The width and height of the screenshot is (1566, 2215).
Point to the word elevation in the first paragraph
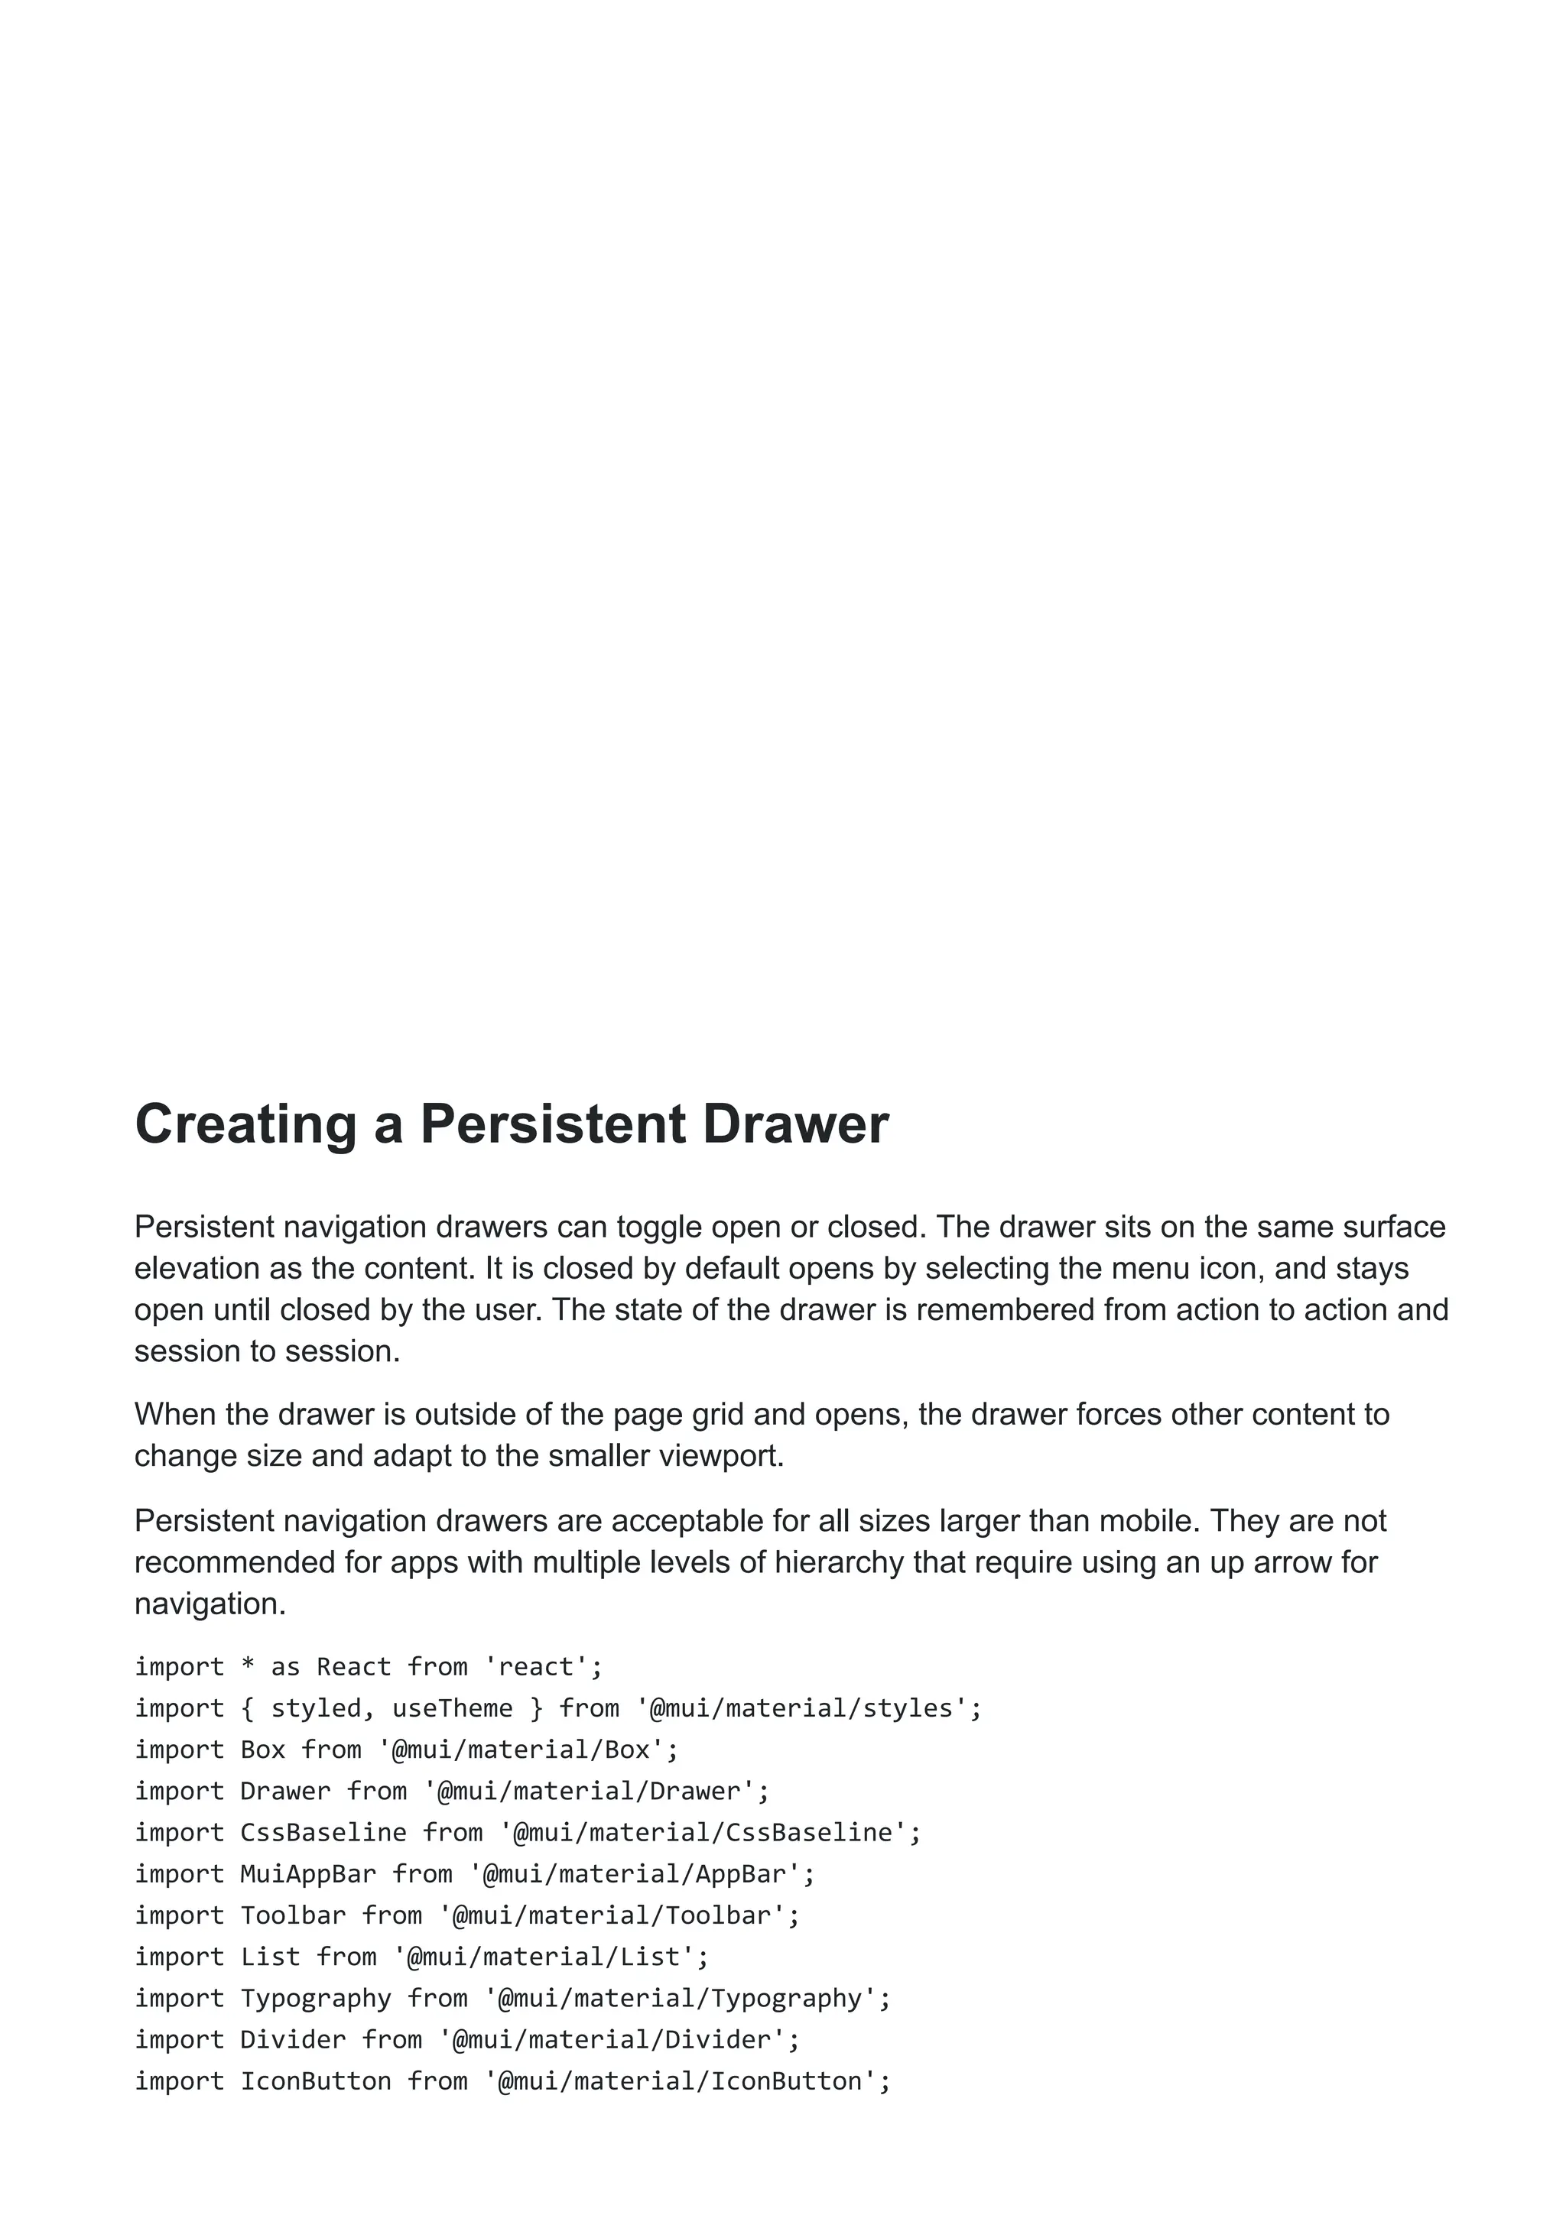tap(198, 1269)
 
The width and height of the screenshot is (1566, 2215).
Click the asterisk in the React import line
tap(247, 1667)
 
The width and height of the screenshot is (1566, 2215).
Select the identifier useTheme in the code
tap(452, 1708)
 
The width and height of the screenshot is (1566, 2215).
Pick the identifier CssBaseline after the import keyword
tap(322, 1832)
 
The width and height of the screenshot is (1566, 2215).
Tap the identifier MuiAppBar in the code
tap(308, 1873)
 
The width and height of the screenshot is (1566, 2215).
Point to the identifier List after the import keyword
tap(270, 1957)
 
